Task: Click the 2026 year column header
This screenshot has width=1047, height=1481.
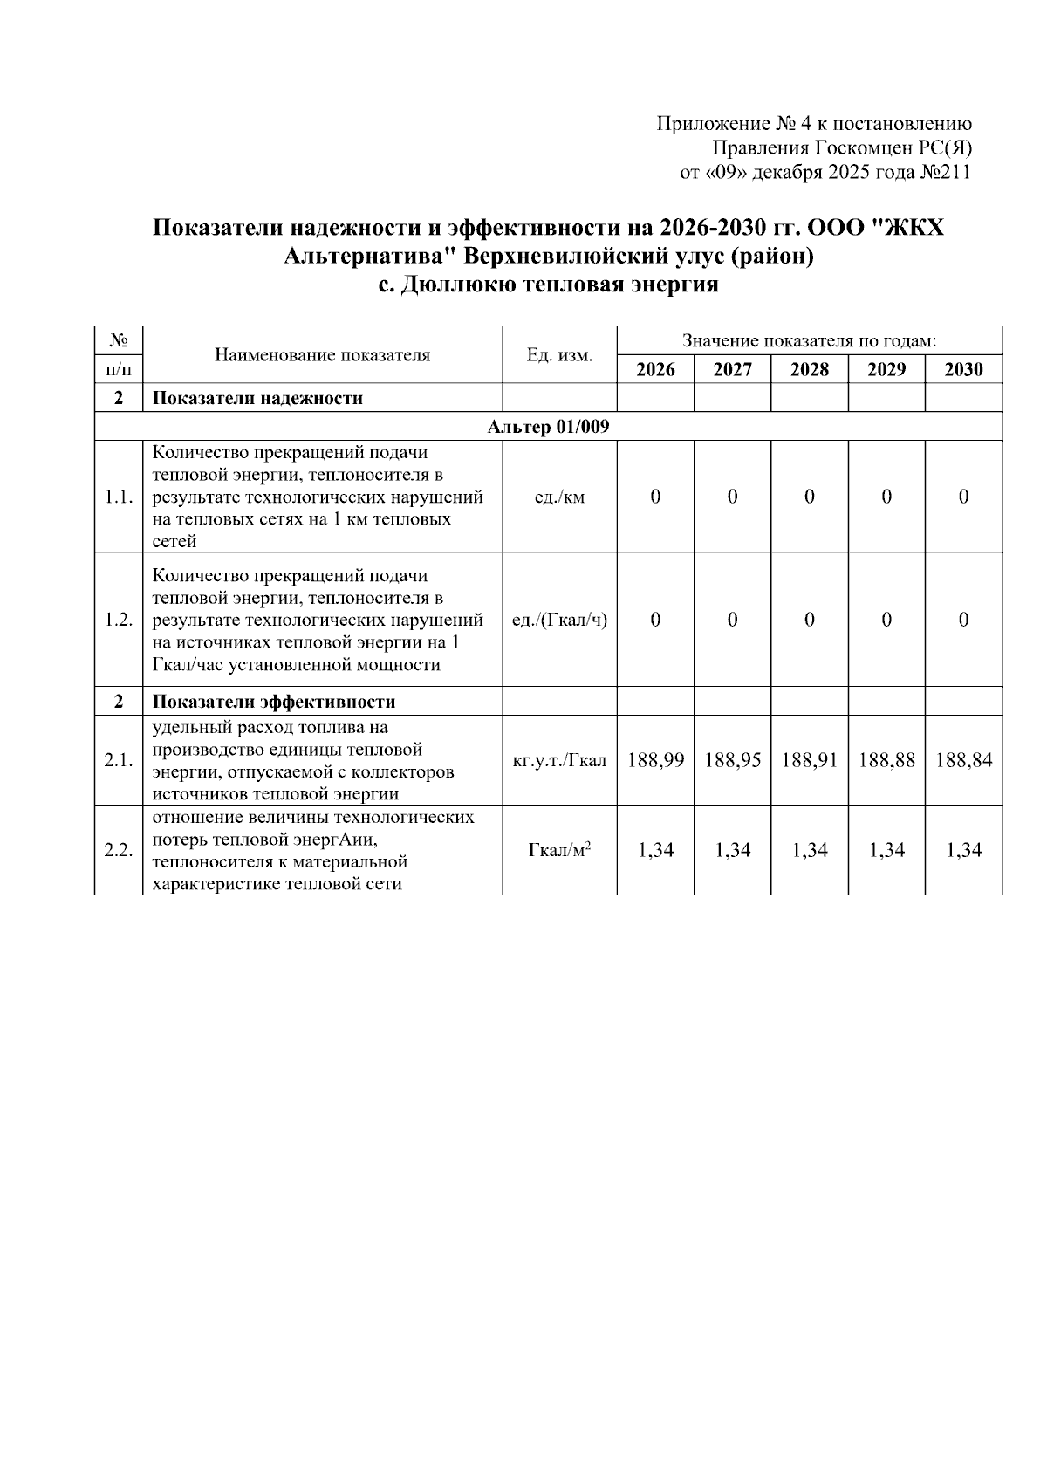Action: tap(655, 369)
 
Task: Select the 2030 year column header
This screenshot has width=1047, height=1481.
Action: tap(963, 369)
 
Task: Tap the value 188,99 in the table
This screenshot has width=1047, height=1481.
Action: tap(655, 760)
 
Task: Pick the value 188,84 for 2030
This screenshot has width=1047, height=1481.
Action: tap(963, 760)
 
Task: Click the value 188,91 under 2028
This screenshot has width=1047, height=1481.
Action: tap(810, 760)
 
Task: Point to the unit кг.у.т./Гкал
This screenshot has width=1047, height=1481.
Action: tap(559, 760)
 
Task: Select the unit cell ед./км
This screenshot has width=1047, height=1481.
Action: tap(559, 497)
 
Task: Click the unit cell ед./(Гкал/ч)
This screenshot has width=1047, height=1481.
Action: tap(559, 620)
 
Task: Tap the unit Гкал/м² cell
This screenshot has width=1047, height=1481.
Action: tap(559, 850)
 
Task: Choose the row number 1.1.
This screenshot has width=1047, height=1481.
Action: tap(118, 497)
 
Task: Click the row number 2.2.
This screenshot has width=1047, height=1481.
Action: tap(118, 850)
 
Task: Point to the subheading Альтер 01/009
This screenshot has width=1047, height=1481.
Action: tap(548, 427)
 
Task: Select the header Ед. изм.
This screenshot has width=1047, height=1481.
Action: tap(559, 355)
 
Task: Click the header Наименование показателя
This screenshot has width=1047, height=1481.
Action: tap(322, 355)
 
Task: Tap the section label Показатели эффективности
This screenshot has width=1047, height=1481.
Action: tap(274, 702)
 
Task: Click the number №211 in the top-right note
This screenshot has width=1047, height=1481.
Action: tap(946, 172)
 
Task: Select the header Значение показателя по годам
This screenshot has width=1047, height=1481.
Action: tap(809, 340)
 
